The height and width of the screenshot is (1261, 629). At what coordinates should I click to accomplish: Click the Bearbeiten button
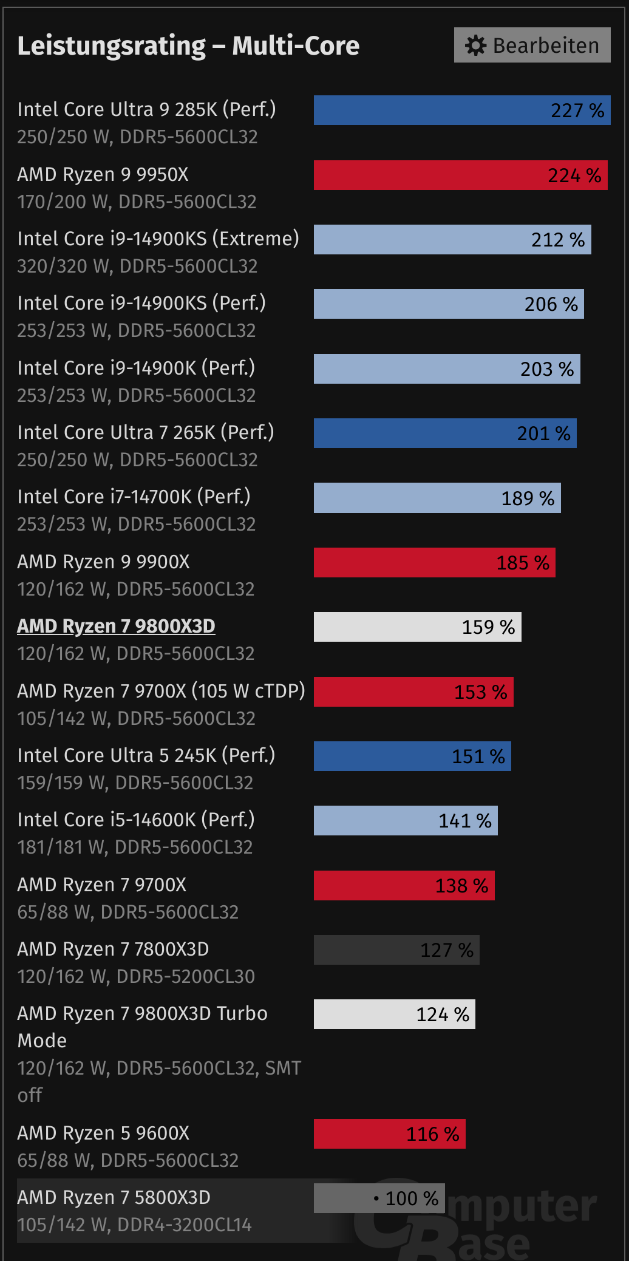[532, 45]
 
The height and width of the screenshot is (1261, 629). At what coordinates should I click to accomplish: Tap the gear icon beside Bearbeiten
[475, 45]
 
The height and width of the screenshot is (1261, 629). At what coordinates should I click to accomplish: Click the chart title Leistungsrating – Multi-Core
[188, 46]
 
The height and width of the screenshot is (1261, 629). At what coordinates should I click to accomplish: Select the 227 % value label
[577, 110]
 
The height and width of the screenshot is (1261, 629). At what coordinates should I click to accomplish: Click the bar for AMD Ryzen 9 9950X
[460, 175]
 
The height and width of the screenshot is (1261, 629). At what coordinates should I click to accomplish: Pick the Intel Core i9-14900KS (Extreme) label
[158, 239]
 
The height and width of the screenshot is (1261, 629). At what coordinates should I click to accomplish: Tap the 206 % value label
[551, 304]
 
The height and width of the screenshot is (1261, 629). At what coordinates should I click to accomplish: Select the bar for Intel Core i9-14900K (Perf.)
[447, 369]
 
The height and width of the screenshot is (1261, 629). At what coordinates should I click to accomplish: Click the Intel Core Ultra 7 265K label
[146, 432]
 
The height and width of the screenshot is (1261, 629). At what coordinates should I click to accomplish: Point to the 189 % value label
[528, 498]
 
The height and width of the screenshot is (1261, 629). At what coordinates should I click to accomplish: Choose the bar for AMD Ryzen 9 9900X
[434, 563]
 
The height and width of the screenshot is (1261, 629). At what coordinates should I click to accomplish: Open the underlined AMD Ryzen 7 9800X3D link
[116, 626]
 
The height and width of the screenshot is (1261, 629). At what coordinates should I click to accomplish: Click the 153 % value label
[480, 692]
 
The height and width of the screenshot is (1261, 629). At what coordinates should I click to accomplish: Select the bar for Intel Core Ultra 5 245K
[412, 756]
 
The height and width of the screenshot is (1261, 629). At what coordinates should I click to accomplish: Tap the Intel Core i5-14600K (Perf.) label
[136, 820]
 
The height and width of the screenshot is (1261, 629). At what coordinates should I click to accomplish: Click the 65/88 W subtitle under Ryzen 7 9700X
[127, 912]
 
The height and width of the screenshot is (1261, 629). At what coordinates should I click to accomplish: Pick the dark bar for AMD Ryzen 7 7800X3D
[396, 950]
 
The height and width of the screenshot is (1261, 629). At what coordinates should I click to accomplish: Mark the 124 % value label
[443, 1015]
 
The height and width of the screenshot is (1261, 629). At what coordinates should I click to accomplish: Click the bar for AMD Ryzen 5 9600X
[389, 1134]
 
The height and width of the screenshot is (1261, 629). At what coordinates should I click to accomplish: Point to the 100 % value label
[411, 1198]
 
